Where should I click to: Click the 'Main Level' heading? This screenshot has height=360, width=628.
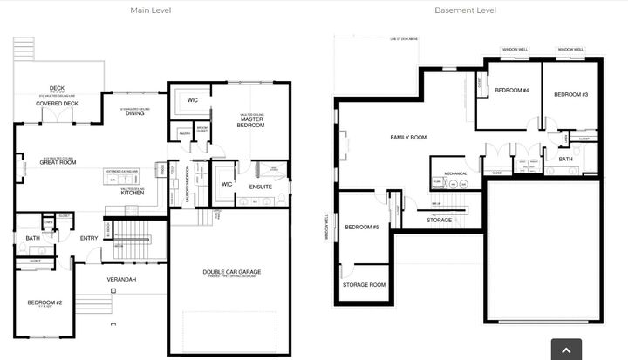point(151,10)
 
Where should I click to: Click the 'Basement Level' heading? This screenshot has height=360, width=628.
point(465,10)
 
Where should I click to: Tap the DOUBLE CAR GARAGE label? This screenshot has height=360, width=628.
point(232,272)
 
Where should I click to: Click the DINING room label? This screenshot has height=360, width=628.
point(135,113)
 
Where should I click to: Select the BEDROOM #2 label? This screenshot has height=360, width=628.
point(44,302)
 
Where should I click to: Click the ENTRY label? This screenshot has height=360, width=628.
point(89,238)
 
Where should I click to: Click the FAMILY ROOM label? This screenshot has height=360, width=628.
point(407,138)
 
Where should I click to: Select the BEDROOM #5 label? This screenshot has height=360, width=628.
point(361,228)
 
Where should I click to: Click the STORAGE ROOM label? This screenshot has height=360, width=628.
point(364,284)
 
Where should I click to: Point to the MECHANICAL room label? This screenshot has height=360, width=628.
point(455,173)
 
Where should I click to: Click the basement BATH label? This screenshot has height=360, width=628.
point(565,160)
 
